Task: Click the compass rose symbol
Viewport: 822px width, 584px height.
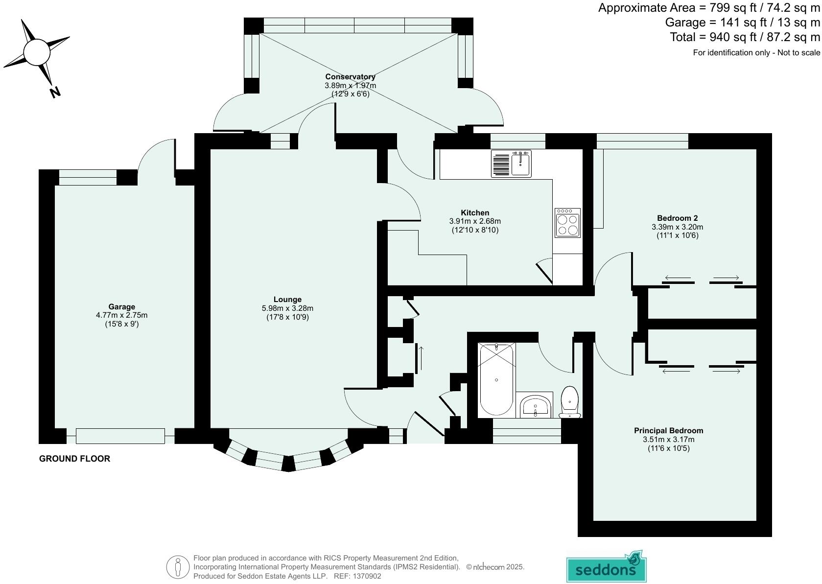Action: tap(37, 51)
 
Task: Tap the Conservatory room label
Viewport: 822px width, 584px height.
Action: tap(350, 76)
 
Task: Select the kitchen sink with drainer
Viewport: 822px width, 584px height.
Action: tap(511, 164)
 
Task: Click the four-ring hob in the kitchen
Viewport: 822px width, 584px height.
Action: tap(567, 223)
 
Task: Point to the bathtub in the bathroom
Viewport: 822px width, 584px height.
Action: tap(496, 380)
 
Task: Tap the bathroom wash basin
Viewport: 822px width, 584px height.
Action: tap(535, 406)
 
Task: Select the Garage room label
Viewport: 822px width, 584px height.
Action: tap(121, 307)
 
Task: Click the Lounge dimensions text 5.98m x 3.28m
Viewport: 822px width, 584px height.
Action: tap(287, 308)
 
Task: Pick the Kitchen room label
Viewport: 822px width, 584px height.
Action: tap(475, 212)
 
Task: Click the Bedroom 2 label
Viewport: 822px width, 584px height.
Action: tap(677, 218)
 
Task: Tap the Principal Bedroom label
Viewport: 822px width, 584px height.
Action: tap(668, 431)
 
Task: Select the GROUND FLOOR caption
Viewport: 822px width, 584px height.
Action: tap(74, 459)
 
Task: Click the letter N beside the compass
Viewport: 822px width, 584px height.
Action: tap(55, 92)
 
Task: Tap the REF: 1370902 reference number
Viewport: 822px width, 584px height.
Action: tap(357, 576)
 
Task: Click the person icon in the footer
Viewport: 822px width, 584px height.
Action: tap(178, 567)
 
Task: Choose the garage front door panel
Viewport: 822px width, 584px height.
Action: tap(120, 436)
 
